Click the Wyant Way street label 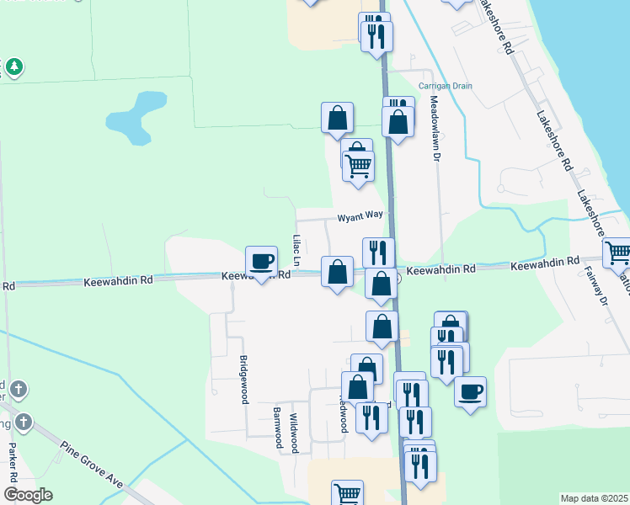pyautogui.click(x=360, y=216)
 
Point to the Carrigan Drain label pyautogui.click(x=446, y=86)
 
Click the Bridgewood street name pyautogui.click(x=243, y=380)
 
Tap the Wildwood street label pyautogui.click(x=294, y=433)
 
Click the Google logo pyautogui.click(x=27, y=495)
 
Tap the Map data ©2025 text pyautogui.click(x=594, y=498)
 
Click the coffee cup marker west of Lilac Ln pyautogui.click(x=261, y=262)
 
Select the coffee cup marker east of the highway pyautogui.click(x=471, y=391)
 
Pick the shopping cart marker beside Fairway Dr pyautogui.click(x=617, y=252)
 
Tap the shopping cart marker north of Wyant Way pyautogui.click(x=359, y=167)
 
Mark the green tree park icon pyautogui.click(x=13, y=66)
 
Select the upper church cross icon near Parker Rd pyautogui.click(x=19, y=390)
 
